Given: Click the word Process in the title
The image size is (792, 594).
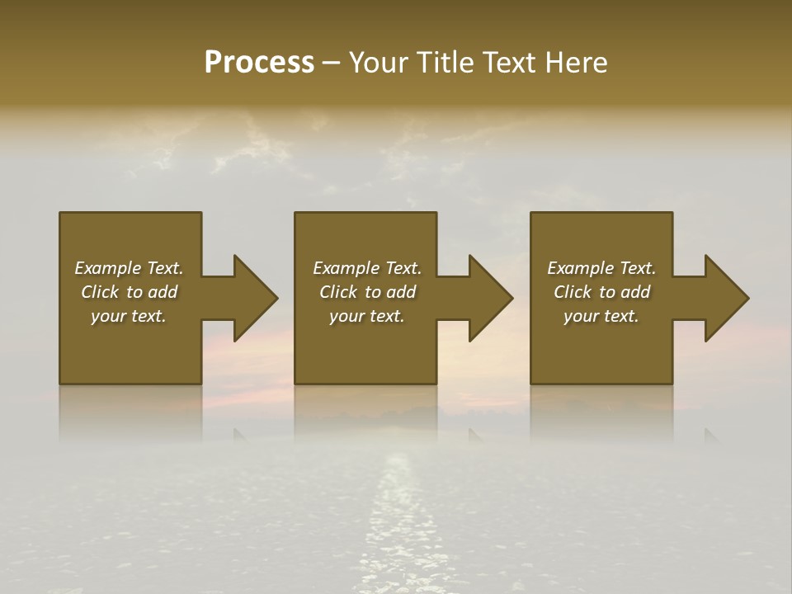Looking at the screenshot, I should (x=259, y=63).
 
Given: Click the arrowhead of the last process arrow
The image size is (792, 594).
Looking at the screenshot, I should (x=725, y=298).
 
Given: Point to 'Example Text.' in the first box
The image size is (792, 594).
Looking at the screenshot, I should (x=129, y=268).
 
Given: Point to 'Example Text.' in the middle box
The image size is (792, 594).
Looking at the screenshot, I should (x=366, y=268).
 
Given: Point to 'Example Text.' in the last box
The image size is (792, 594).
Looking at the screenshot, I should (x=601, y=268).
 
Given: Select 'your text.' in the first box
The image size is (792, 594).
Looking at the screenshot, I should (x=129, y=316).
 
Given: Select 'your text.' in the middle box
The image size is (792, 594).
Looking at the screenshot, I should (x=366, y=316).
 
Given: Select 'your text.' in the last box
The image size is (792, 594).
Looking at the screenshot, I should (x=601, y=316).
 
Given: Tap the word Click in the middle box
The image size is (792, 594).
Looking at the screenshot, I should (x=338, y=292).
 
